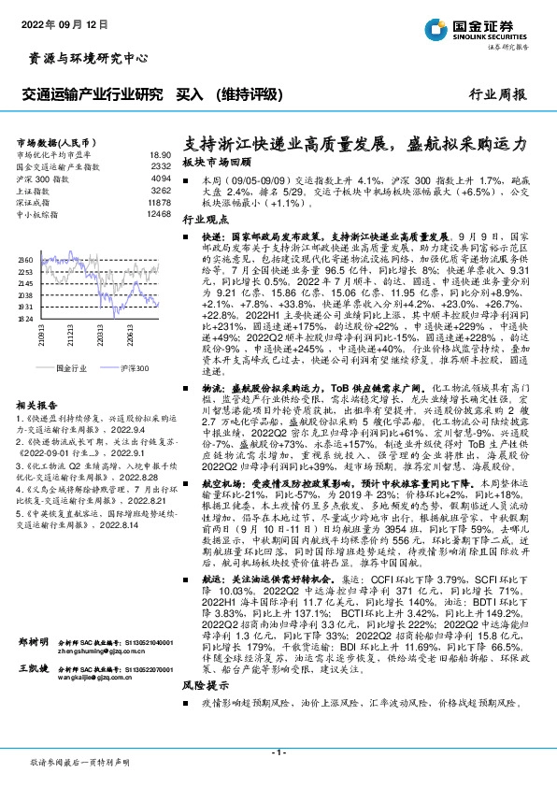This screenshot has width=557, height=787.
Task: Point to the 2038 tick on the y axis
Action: (x=25, y=293)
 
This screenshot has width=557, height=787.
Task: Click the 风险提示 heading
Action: (x=205, y=660)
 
